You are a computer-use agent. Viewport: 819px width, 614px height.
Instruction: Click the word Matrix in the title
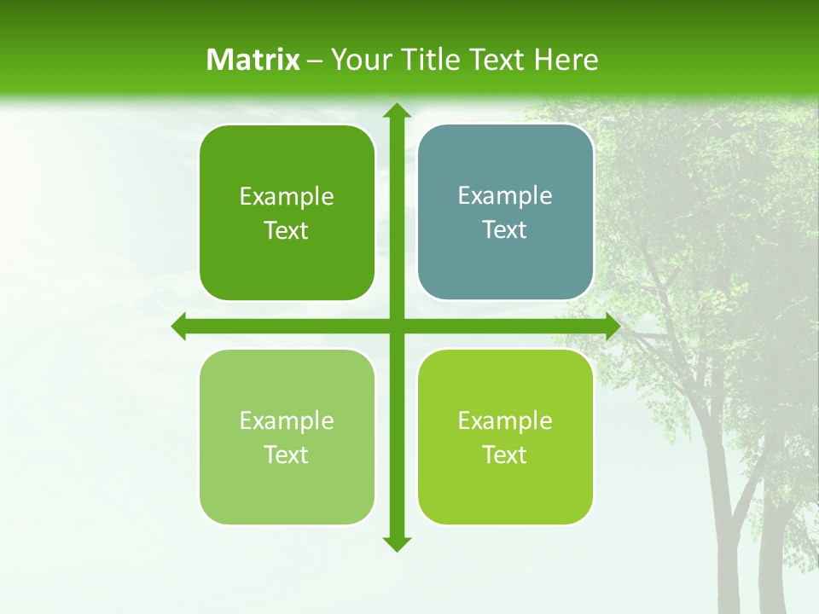[253, 60]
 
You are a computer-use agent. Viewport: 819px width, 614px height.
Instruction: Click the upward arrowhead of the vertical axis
[396, 111]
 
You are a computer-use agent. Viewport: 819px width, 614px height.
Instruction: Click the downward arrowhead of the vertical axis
[396, 543]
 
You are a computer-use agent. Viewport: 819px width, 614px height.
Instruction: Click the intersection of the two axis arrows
[396, 327]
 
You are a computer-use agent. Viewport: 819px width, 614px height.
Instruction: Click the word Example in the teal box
[505, 196]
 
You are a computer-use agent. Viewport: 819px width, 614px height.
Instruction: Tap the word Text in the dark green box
[287, 231]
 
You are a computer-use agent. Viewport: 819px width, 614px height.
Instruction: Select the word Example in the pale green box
[287, 420]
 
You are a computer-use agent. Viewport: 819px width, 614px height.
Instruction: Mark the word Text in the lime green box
[505, 455]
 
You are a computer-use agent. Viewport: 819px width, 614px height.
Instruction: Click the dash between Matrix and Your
[315, 61]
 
